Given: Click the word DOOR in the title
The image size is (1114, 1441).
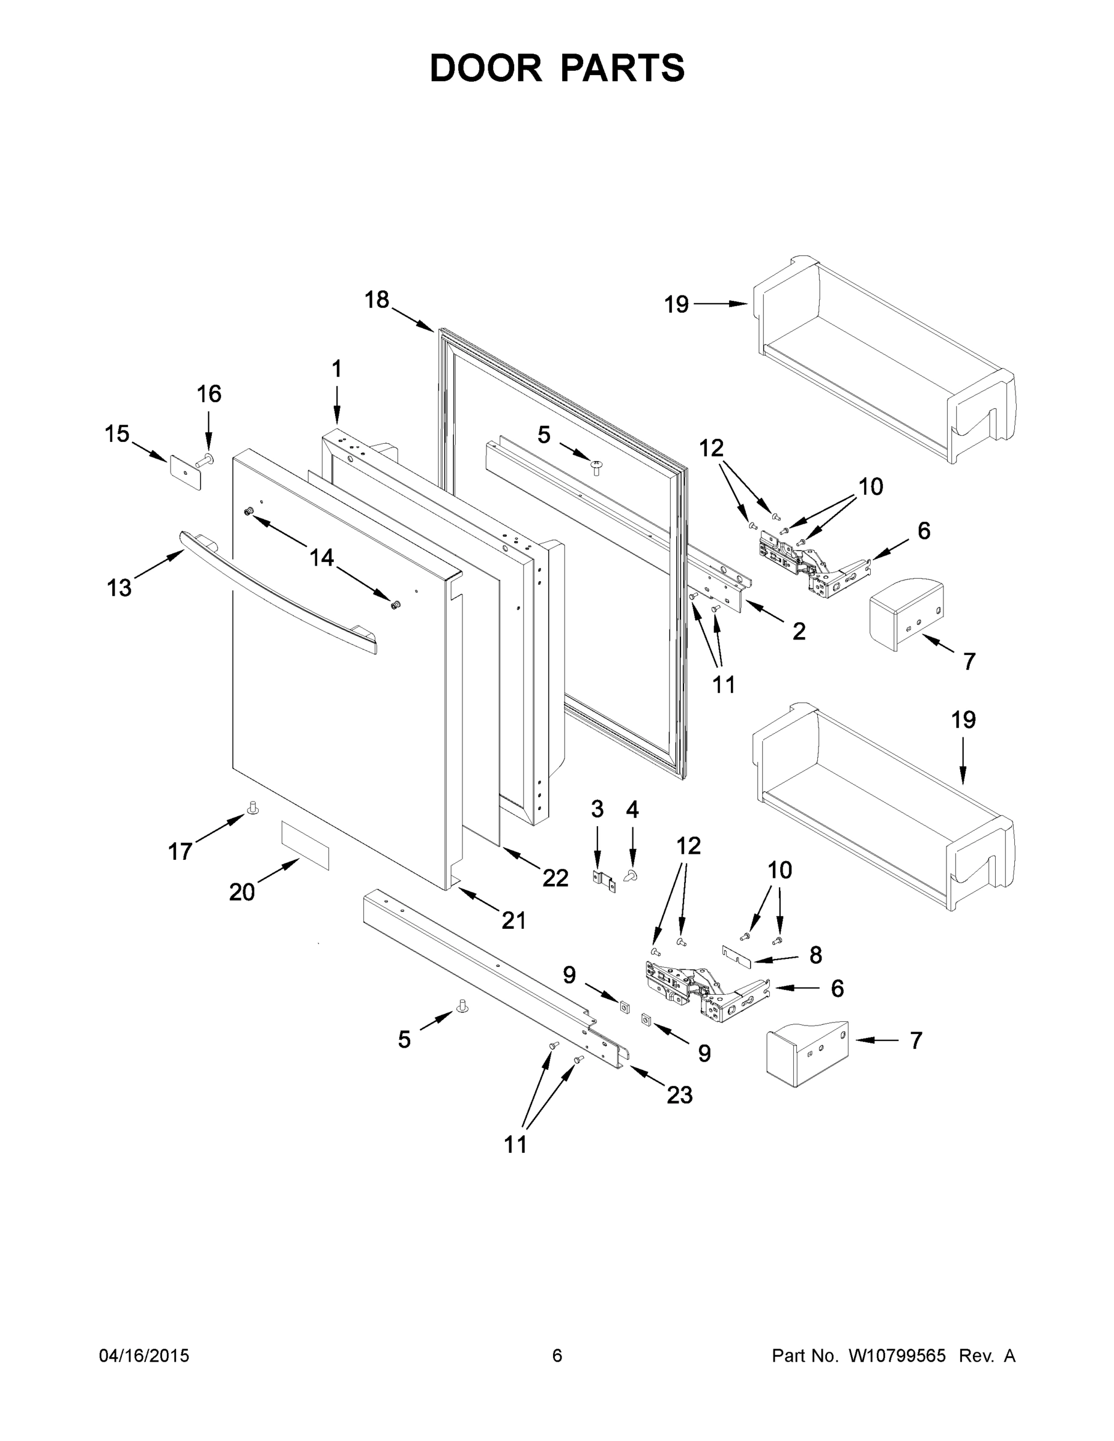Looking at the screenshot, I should click(x=485, y=68).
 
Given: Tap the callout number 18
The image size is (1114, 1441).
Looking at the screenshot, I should click(x=377, y=300).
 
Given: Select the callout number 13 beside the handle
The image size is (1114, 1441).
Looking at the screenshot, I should click(x=120, y=587).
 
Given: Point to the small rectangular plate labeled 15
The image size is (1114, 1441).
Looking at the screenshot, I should click(x=186, y=472).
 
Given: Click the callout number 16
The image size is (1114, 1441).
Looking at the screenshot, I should click(x=209, y=394).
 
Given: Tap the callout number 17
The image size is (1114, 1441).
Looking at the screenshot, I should click(x=180, y=851).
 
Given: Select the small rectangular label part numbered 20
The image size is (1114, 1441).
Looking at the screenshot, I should click(x=305, y=845).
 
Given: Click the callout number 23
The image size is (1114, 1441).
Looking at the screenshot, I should click(x=680, y=1095).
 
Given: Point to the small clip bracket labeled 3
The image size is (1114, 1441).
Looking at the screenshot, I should click(x=603, y=881).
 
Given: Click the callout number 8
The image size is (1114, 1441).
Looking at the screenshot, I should click(x=816, y=954).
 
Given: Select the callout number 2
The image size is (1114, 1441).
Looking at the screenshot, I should click(x=799, y=632).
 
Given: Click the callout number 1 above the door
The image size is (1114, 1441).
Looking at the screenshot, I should click(x=336, y=369).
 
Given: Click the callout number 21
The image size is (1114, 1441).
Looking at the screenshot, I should click(x=514, y=920).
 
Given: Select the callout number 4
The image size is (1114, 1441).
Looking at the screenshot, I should click(x=632, y=809).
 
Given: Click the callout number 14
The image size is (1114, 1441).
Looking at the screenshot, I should click(x=321, y=558).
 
